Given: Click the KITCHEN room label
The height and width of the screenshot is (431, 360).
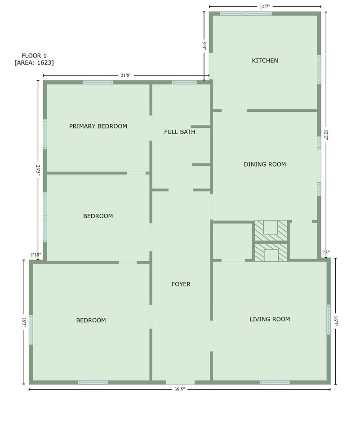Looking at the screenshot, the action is [x=265, y=61].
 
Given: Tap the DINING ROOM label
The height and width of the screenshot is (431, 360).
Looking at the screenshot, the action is [x=265, y=164].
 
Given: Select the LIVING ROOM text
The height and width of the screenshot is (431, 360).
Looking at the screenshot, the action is [x=270, y=319].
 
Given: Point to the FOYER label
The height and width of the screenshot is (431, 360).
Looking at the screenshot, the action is [x=181, y=284].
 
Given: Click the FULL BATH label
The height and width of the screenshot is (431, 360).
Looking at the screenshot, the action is [x=179, y=132].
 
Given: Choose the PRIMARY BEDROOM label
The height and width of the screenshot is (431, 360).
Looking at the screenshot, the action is [x=98, y=126].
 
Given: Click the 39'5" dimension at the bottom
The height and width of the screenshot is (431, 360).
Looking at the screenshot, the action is [x=179, y=389].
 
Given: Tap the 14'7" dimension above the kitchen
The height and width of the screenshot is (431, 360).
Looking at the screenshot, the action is [x=265, y=7].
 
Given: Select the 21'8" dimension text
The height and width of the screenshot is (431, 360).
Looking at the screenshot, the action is [x=126, y=75].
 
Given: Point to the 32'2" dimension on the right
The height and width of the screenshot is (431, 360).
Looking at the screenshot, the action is [x=326, y=135].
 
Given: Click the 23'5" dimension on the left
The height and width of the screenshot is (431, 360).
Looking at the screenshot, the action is [x=38, y=171].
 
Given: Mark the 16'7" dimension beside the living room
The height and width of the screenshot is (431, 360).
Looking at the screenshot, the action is [x=335, y=321].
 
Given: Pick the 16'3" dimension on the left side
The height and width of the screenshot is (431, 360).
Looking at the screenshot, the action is [x=24, y=322].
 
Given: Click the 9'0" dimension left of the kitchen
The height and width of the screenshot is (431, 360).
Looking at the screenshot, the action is [x=204, y=46].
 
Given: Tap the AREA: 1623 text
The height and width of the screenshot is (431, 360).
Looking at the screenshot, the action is [x=34, y=62].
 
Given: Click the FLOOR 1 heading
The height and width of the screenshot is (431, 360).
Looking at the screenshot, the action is [x=34, y=56].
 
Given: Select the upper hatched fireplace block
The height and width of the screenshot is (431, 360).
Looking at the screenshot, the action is [x=271, y=231].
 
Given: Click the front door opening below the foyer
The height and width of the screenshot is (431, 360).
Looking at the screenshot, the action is [x=180, y=383].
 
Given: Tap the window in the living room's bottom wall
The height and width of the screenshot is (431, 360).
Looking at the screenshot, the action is [x=275, y=383].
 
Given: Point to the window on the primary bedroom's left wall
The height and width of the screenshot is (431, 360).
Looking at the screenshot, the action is [x=45, y=134].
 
